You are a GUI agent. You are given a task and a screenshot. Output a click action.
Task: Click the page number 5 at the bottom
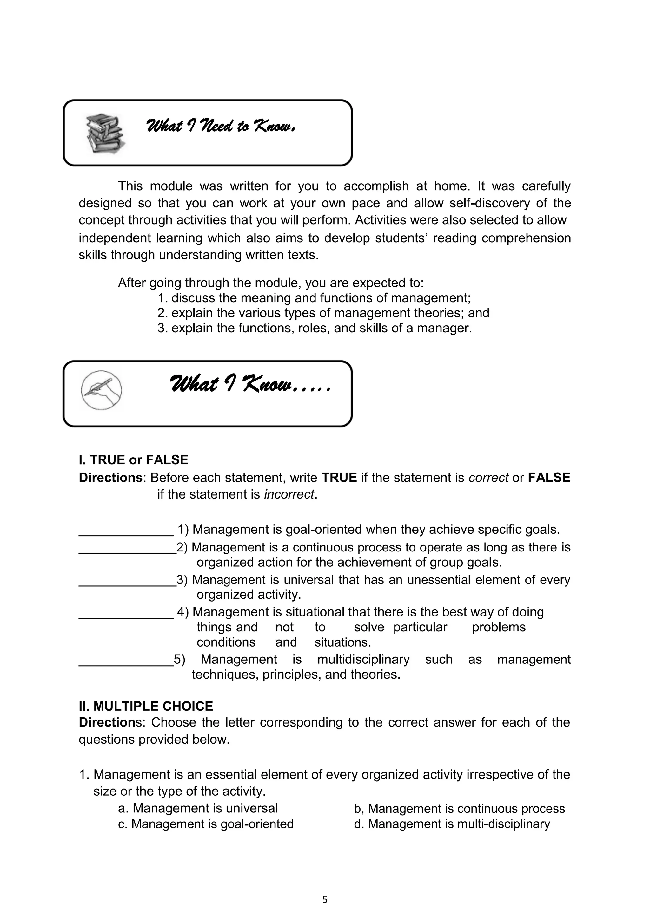pos(325,900)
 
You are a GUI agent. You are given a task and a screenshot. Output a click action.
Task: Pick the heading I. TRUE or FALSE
pos(133,460)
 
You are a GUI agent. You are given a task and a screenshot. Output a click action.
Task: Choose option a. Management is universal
pos(198,808)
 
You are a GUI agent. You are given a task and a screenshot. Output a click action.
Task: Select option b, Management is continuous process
pos(459,809)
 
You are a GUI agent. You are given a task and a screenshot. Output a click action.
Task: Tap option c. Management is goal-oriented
pos(206,824)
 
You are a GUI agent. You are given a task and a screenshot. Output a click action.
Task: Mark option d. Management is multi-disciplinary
pos(452,824)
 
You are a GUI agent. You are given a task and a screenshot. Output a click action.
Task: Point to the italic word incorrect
pos(289,494)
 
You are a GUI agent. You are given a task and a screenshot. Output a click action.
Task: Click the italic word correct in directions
pos(488,478)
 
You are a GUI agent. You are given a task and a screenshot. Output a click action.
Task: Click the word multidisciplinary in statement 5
pos(363,659)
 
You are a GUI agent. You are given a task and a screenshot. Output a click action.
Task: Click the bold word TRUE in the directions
pos(339,478)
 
